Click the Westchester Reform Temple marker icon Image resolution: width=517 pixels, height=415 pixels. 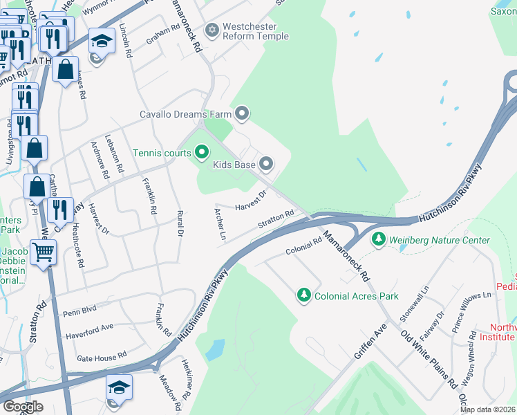212,30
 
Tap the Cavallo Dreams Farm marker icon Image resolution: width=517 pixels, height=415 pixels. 241,112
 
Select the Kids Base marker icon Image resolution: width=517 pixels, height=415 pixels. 266,164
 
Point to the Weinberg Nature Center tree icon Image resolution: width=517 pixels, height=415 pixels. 378,240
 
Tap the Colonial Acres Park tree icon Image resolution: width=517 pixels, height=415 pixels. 303,295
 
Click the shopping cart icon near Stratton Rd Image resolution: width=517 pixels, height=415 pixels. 44,252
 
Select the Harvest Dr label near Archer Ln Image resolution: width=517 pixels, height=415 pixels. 250,201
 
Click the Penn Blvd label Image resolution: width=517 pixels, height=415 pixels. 80,311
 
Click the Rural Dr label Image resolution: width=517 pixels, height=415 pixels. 180,224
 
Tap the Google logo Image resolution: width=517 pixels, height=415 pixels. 23,407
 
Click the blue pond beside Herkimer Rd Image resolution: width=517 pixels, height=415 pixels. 215,349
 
